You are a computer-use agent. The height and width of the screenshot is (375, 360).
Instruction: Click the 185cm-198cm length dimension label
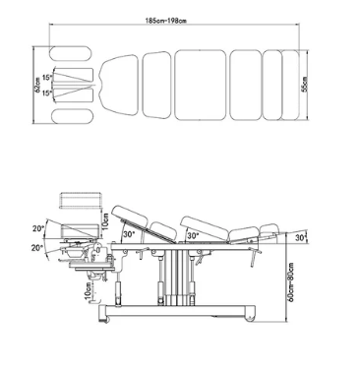click(166, 21)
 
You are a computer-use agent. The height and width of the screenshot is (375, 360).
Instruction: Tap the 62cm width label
click(38, 87)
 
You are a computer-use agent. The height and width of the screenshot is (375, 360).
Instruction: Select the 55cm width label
click(305, 85)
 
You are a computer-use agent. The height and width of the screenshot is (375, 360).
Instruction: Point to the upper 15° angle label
click(47, 78)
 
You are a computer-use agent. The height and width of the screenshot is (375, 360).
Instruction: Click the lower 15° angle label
click(47, 93)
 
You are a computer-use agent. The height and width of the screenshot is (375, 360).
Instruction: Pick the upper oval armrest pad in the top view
click(70, 53)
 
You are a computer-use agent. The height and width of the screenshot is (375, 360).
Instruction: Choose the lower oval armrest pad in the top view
click(72, 116)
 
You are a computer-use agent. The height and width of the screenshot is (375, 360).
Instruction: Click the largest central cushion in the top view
click(200, 85)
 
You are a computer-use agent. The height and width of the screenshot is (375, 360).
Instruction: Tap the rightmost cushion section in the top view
click(290, 85)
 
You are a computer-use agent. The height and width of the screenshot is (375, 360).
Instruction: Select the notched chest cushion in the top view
click(119, 85)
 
